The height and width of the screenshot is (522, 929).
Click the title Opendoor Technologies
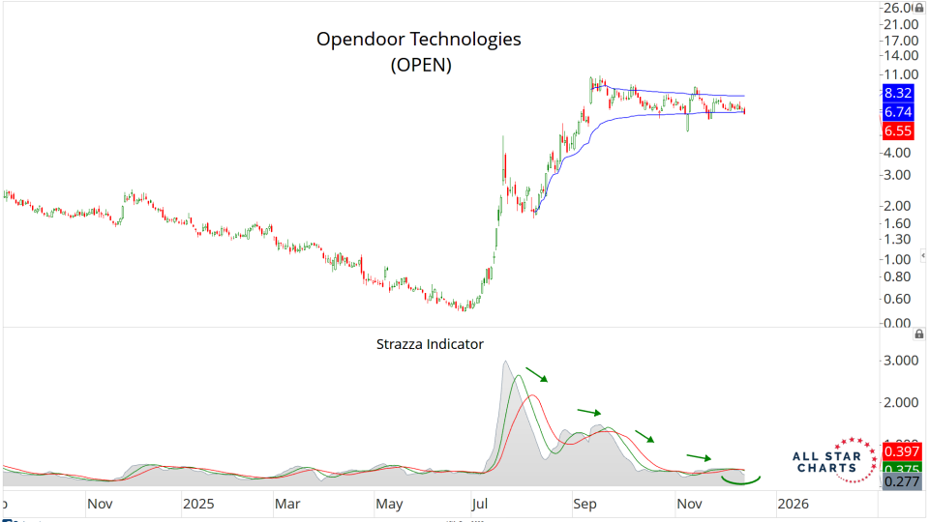tap(419, 40)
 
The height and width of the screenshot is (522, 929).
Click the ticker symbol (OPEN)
tap(420, 65)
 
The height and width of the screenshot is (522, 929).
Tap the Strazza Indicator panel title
tap(429, 343)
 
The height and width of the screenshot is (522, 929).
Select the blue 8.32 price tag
tap(898, 93)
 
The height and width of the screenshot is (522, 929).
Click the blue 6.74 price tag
tap(898, 112)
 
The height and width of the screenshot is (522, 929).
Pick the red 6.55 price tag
tap(898, 130)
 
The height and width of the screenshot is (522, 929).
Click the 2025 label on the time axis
tap(198, 504)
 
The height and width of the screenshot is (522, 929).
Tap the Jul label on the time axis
tap(479, 504)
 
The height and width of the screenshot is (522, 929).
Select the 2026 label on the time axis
tap(793, 504)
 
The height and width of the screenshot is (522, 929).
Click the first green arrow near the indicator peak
tap(536, 374)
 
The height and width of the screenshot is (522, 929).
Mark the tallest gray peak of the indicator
tap(505, 363)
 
